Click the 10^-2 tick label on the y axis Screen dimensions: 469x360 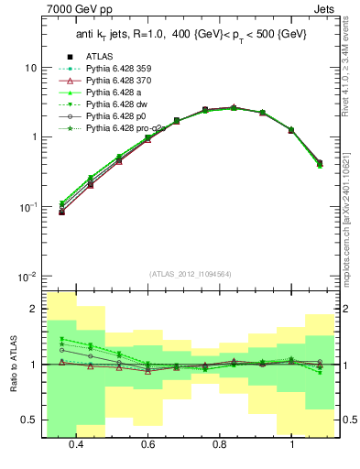click(x=27, y=277)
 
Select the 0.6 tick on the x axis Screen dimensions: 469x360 click(x=147, y=444)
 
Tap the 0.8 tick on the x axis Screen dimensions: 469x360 click(x=220, y=444)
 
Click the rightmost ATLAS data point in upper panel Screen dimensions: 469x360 click(x=319, y=163)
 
